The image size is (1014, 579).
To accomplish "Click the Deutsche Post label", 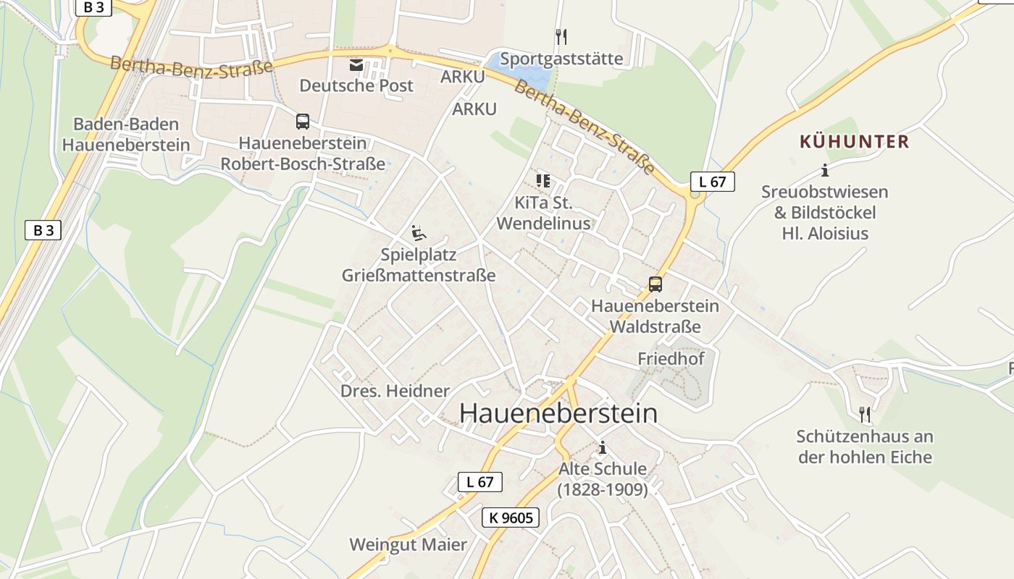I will click(356, 85).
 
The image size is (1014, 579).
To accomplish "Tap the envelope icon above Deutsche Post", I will click(356, 65).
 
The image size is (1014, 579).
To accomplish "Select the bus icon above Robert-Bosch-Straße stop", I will click(303, 122).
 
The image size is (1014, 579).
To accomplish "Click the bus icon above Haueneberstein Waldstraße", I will click(655, 284).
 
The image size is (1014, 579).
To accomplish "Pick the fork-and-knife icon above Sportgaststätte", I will click(561, 36).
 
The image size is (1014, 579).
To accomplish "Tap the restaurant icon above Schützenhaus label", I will click(864, 415).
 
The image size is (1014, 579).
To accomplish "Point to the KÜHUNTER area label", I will click(854, 141).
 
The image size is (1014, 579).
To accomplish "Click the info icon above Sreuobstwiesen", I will click(824, 171).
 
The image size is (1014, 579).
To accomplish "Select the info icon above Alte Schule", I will click(602, 447).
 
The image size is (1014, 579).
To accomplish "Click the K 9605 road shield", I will click(511, 517).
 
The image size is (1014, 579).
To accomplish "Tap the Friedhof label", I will click(671, 358).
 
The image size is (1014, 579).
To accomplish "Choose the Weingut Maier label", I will click(408, 544).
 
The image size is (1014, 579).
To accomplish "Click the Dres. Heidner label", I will click(395, 391).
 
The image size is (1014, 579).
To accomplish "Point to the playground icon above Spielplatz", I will click(419, 233).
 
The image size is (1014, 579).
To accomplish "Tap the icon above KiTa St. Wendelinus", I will click(543, 180).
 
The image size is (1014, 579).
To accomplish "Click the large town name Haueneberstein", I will click(558, 413).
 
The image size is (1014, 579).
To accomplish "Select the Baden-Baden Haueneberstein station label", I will click(126, 134).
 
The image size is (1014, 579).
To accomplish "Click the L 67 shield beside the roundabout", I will click(712, 182).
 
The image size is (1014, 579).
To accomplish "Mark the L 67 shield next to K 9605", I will click(479, 482).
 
